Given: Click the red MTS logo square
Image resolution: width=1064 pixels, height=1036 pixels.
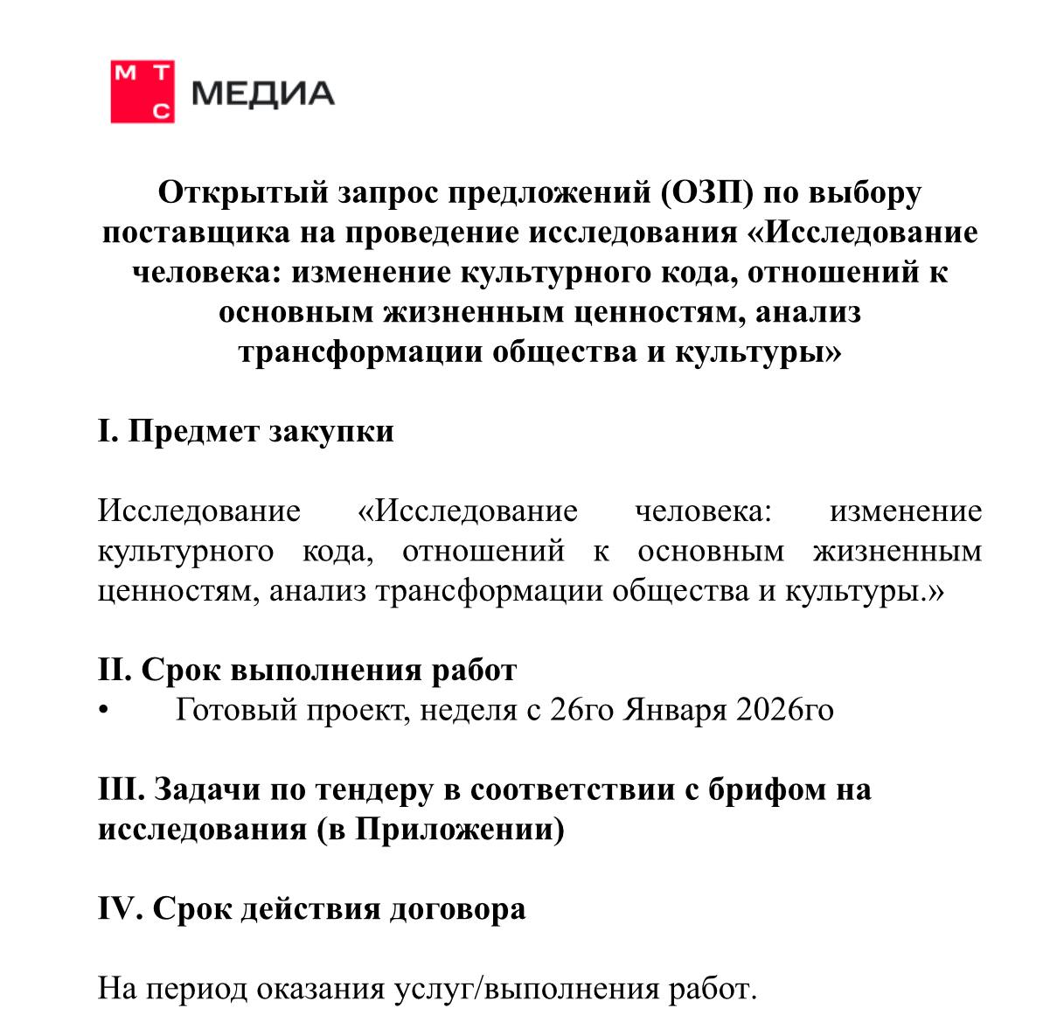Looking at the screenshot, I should pos(143,92).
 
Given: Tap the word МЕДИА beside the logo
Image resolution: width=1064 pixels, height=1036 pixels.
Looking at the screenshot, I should pos(262,94).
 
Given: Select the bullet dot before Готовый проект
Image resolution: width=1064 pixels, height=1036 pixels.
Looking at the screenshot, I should pos(104,710).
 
